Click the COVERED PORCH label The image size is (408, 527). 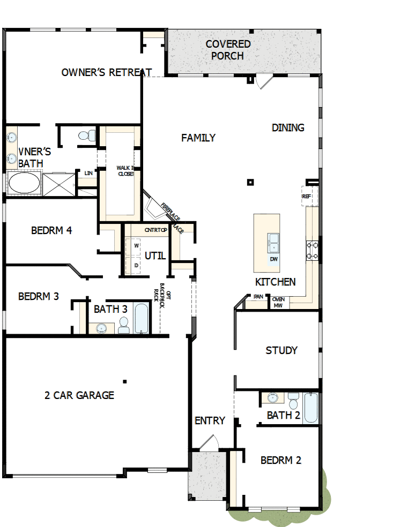228,50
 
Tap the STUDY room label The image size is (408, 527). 281,350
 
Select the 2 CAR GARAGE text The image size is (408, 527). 79,395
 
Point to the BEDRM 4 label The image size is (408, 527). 51,231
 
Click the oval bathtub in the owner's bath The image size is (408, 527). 24,183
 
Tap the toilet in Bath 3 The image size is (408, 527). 124,325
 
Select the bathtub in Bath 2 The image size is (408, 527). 311,408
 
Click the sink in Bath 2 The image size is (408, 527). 273,398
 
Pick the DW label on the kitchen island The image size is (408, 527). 274,259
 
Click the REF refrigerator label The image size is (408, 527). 307,197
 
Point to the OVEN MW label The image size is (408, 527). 278,303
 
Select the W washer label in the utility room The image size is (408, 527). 136,245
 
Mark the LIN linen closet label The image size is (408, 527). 88,173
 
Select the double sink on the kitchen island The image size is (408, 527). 274,242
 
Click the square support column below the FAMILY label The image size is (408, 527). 250,182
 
